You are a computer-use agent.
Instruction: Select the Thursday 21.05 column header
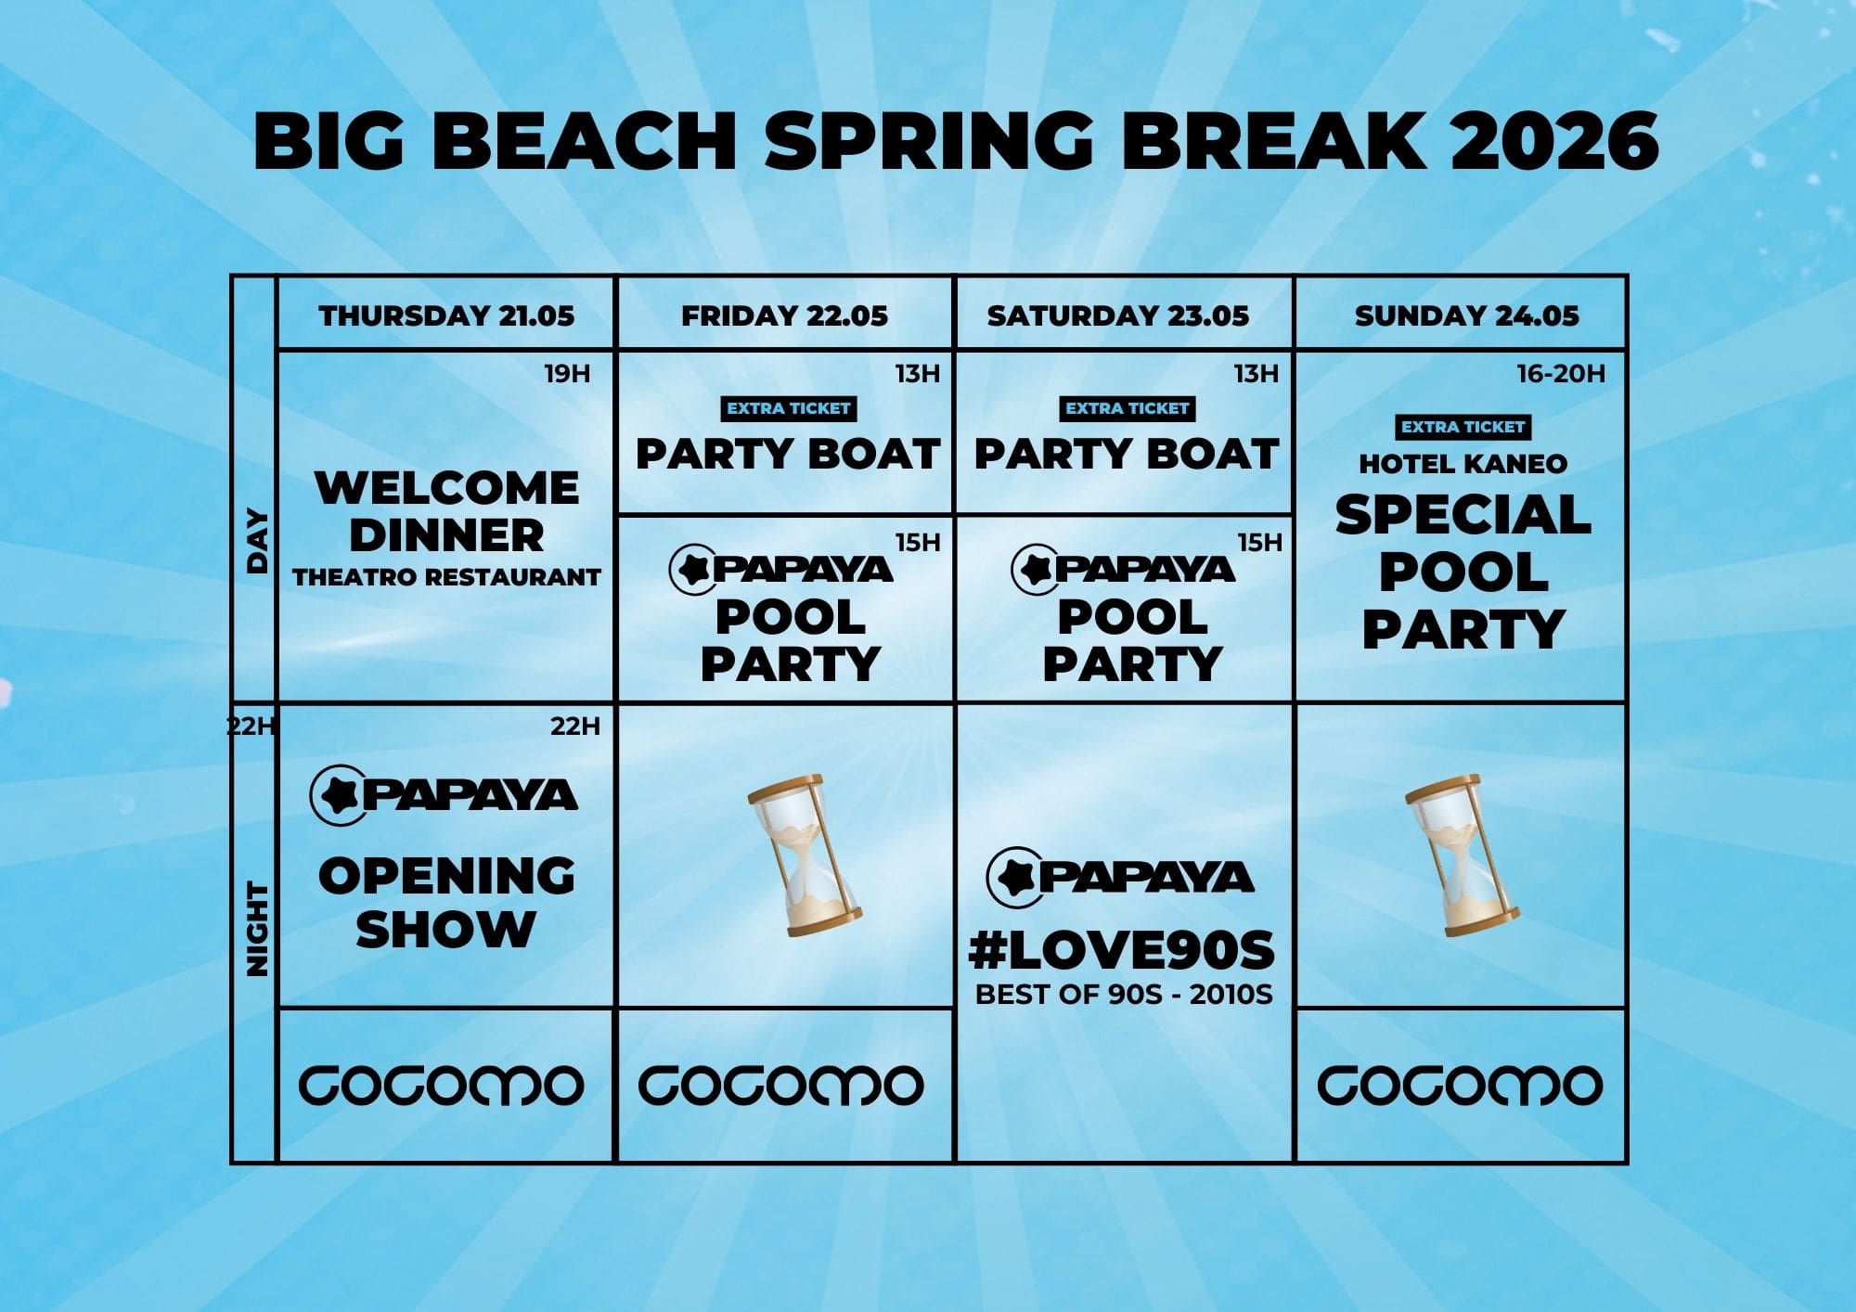[446, 315]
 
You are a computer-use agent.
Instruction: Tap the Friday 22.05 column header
[784, 315]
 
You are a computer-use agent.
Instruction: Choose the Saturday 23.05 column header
[1117, 315]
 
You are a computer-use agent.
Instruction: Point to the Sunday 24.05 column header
[1466, 315]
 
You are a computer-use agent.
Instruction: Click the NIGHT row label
[256, 929]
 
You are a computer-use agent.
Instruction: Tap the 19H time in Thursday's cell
[567, 374]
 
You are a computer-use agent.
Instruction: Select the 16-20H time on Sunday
[1560, 374]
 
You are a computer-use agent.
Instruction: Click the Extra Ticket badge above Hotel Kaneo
[1463, 427]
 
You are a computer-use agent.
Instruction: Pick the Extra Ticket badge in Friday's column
[788, 408]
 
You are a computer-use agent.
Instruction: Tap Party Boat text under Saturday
[1127, 454]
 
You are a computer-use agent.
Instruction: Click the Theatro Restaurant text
[446, 577]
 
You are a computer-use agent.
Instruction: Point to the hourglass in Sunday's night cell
[1463, 855]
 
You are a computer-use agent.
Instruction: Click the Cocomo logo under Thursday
[442, 1086]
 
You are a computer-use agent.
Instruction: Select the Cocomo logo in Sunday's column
[1461, 1086]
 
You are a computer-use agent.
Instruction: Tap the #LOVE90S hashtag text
[1122, 950]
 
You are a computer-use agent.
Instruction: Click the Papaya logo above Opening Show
[444, 795]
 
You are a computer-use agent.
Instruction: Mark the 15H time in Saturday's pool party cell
[1259, 542]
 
